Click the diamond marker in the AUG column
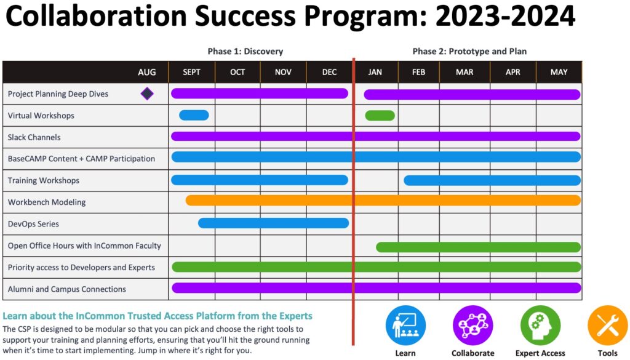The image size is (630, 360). pos(147,94)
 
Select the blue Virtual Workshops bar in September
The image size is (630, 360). pos(194,115)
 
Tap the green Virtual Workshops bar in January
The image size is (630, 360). pos(380,115)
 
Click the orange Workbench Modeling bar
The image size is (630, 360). pos(383,200)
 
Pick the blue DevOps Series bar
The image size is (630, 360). pos(273,223)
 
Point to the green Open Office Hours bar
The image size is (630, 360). pos(478,247)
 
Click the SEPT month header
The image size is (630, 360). pos(191,72)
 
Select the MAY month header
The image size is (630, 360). pos(559,72)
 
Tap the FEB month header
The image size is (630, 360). pos(418,72)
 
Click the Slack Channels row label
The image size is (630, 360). pos(34,137)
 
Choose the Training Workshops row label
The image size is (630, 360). pos(44,180)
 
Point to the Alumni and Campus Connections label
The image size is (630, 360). pos(66,289)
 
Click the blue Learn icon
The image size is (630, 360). pos(405,326)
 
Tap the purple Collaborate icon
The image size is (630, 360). pos(473,326)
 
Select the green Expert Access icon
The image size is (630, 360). pos(540,326)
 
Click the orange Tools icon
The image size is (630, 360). pos(607,326)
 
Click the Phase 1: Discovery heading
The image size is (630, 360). pos(245,52)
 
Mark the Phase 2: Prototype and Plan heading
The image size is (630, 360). pos(469,52)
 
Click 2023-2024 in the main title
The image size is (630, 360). pos(505,16)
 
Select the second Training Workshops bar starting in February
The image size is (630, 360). pos(492,180)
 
